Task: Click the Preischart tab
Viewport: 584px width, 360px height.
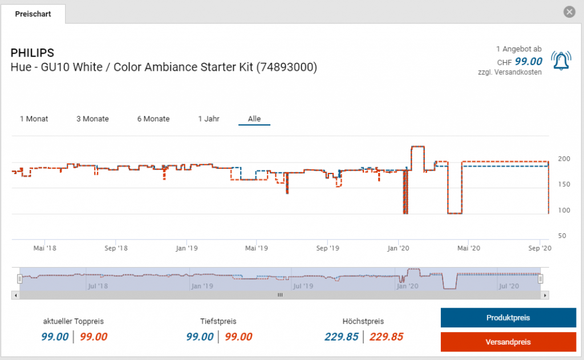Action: coord(33,14)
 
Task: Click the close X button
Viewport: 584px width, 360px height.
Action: coord(569,12)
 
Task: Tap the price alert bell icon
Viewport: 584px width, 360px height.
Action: coord(561,60)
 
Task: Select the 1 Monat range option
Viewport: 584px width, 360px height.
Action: coord(34,119)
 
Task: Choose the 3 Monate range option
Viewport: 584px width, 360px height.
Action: coord(92,119)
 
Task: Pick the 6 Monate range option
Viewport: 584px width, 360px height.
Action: coord(153,119)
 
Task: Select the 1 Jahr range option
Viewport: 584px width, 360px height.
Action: coord(209,119)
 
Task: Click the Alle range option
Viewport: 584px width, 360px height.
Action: coord(254,119)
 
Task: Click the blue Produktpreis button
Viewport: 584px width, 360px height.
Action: coord(508,318)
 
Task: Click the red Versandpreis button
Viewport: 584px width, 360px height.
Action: coord(508,342)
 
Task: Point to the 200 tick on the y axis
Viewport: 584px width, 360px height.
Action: coord(562,159)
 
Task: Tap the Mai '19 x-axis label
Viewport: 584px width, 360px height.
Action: coord(256,248)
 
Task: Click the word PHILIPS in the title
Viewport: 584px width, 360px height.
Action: coord(33,53)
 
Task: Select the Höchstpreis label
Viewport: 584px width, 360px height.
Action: coord(364,321)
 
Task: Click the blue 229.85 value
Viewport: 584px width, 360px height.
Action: coord(342,337)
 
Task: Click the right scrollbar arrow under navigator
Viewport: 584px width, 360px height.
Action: coord(546,295)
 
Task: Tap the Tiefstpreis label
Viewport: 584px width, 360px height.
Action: coord(218,321)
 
